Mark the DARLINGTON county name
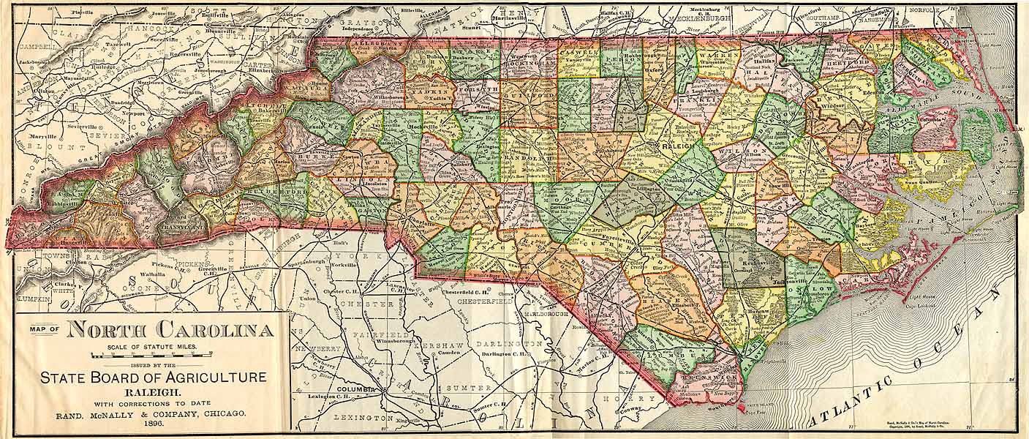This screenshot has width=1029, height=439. [509, 343]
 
